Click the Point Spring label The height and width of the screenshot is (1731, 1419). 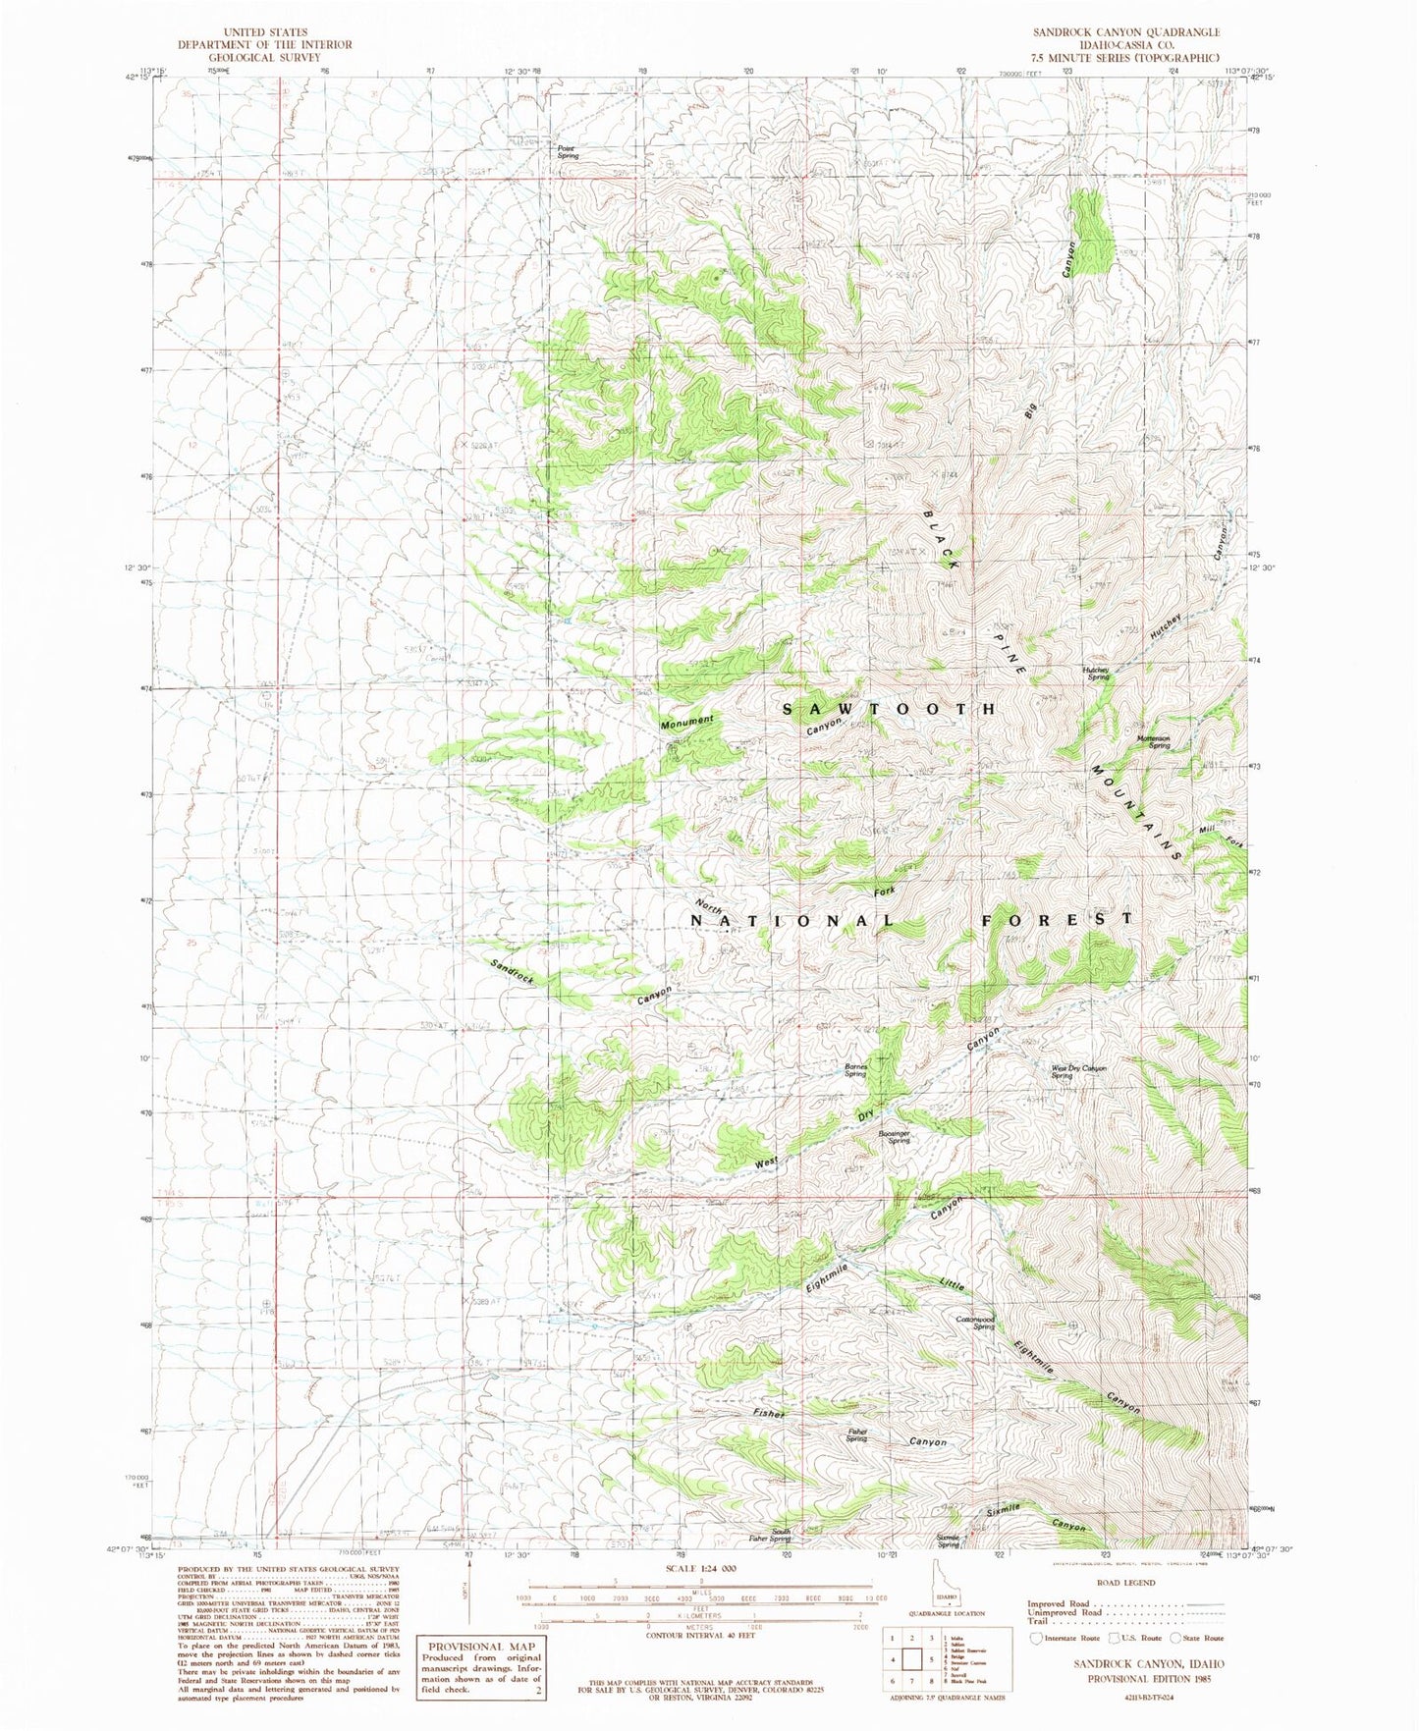[568, 152]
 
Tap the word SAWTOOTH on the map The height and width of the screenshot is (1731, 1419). [890, 708]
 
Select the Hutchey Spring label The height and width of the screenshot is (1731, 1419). [1096, 675]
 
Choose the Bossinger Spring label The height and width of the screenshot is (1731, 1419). [891, 1136]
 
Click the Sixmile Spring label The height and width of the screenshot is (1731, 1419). [948, 1542]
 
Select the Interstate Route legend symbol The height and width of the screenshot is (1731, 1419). [1036, 1638]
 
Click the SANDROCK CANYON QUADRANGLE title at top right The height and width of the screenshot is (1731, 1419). [1125, 32]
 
